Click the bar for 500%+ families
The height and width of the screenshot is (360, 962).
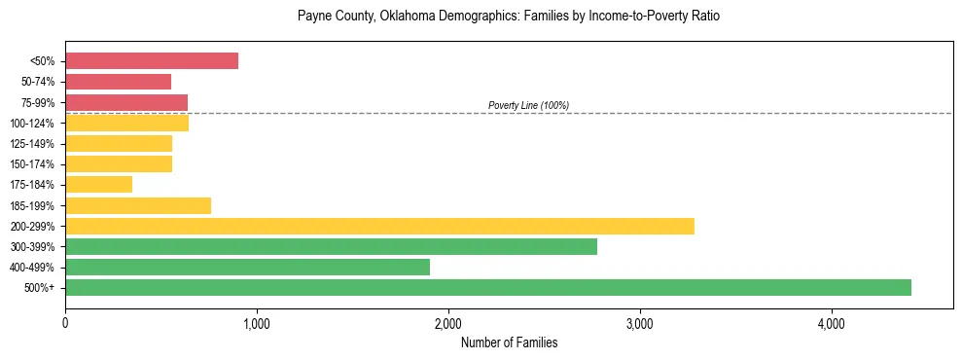coord(487,287)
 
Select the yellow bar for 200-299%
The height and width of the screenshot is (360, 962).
coord(379,226)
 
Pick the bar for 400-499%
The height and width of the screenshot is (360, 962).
coord(247,267)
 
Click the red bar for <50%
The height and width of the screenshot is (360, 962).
coord(152,60)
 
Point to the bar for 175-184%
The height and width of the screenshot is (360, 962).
coord(98,184)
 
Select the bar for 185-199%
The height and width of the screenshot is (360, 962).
coord(138,205)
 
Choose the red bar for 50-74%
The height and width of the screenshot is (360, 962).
coord(118,82)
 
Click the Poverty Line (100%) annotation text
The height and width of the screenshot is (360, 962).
coord(528,105)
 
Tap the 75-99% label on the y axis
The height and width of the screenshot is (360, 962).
coord(38,102)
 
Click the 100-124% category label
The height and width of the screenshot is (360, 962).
coord(34,123)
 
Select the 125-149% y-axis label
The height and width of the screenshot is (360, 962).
coord(34,144)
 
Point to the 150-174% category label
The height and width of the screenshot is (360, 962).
coord(34,164)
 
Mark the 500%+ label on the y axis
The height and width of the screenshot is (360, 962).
coord(41,288)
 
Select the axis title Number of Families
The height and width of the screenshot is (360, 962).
coord(509,342)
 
